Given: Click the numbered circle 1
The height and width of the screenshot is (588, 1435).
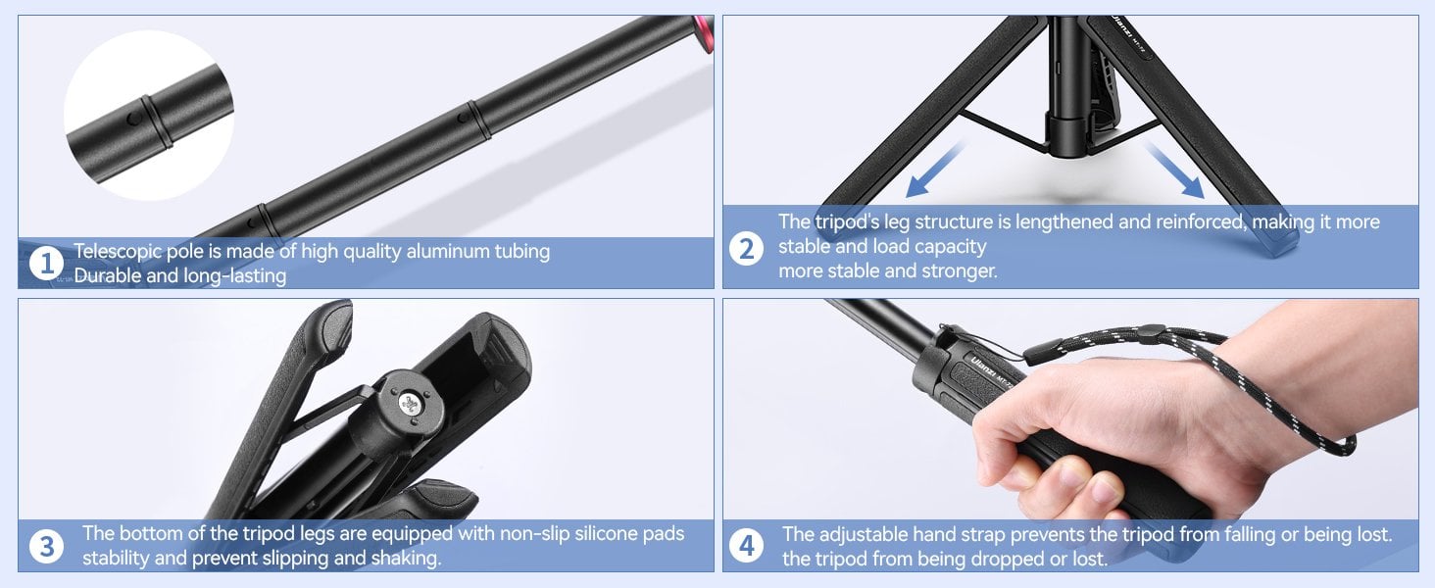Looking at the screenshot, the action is [x=46, y=263].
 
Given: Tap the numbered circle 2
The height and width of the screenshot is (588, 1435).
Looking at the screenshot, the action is [x=746, y=249].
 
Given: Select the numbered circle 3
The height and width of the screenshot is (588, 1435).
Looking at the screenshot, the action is [x=46, y=547].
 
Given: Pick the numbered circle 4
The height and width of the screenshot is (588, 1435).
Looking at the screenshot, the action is [x=746, y=547].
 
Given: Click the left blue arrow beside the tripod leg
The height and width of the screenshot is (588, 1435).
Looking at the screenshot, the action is [x=935, y=170].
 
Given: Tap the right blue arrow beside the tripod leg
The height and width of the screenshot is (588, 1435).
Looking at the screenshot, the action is [x=1174, y=170].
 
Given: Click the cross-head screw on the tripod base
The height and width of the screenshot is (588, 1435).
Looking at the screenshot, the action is [x=410, y=403].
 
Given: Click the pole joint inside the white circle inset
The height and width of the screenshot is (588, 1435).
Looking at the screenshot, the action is [x=157, y=122].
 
